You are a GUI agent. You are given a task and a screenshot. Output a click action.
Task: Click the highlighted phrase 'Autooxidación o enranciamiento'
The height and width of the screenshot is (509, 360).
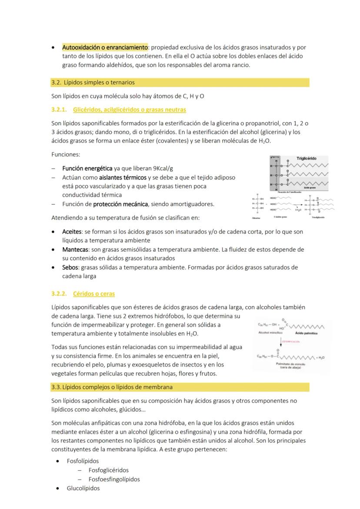pos(105,47)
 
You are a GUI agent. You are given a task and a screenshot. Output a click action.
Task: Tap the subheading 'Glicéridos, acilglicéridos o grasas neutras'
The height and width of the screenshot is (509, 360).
pos(130,110)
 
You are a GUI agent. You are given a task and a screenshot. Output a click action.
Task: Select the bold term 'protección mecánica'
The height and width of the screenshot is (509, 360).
pos(121,204)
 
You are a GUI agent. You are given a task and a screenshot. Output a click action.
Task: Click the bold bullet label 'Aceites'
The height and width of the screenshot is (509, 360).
pos(72,232)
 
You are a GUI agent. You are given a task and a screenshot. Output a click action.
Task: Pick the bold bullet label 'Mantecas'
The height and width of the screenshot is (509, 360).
pos(75,250)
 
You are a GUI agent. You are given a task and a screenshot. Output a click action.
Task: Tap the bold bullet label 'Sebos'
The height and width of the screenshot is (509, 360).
pos(70,267)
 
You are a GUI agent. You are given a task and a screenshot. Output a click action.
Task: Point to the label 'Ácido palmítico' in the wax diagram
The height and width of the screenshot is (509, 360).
pos(306,333)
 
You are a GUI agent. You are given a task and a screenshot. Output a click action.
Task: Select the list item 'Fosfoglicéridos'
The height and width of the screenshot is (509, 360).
pos(108,470)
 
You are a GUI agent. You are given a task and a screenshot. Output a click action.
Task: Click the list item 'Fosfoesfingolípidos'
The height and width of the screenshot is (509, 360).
pos(114,479)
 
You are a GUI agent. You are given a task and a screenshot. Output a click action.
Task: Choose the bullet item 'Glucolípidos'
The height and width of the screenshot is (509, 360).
pos(83,488)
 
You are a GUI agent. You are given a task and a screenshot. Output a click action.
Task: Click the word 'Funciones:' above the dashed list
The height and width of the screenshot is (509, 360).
pos(66,154)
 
